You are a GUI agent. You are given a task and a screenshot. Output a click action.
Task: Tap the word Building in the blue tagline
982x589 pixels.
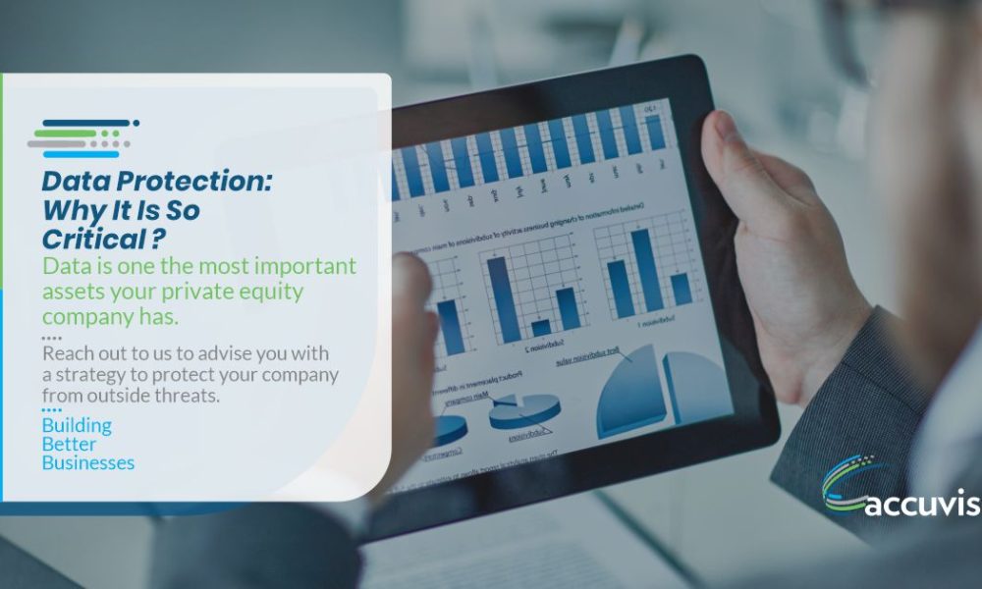tap(77, 426)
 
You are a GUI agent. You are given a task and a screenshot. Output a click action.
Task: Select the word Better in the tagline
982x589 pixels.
tap(69, 445)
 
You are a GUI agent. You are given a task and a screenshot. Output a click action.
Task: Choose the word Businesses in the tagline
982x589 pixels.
tap(88, 463)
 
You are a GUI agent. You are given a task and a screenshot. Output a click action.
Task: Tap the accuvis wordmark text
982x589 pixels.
tap(923, 506)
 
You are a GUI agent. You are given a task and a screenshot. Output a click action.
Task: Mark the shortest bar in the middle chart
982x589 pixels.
tap(541, 327)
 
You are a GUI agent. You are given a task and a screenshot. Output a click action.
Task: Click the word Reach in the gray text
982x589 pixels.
tap(66, 353)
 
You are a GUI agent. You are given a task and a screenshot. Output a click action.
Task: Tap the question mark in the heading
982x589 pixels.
tap(158, 238)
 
